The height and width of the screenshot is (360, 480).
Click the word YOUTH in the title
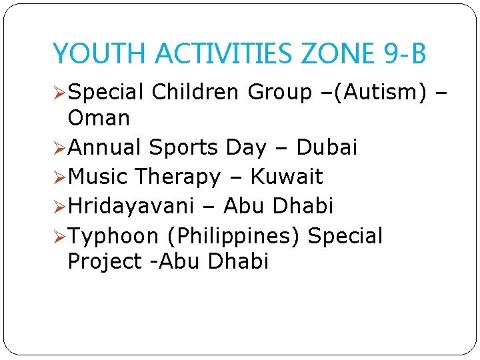coord(99,53)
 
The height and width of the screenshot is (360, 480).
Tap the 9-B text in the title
coord(405,53)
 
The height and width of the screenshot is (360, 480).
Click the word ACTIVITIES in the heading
coord(223,53)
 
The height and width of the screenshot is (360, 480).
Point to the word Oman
coord(99,118)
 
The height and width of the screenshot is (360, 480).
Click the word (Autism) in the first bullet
coord(380,92)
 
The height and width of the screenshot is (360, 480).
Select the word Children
coord(195,91)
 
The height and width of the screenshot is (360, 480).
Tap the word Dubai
coord(327,147)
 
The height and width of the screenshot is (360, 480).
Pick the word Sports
coord(183,148)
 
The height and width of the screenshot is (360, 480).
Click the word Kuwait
coord(287,176)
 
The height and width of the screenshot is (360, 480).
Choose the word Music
coord(97,176)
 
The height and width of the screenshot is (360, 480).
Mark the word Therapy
coord(178,177)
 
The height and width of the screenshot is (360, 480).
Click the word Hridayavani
coord(131,206)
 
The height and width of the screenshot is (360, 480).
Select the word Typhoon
coord(113,237)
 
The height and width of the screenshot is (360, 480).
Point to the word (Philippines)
coord(233,236)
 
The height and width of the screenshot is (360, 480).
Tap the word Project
coord(105,262)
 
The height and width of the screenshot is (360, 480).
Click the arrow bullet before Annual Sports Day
coord(59,148)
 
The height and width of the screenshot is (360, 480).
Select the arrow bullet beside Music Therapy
coord(59,177)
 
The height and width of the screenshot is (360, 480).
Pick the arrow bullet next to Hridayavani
coord(59,206)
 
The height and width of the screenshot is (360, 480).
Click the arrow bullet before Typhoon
coord(59,237)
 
